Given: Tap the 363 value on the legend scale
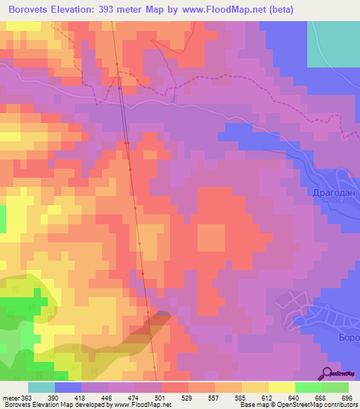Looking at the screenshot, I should [27, 398].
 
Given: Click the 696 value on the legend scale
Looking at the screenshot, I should [345, 398].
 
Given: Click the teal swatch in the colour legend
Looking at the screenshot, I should [41, 387].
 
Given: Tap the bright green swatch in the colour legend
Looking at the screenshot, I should [308, 387].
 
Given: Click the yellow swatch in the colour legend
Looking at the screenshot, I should [281, 387].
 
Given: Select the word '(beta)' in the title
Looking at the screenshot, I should [279, 9].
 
